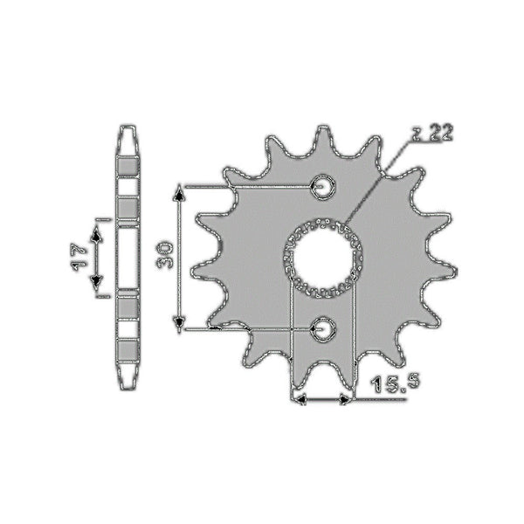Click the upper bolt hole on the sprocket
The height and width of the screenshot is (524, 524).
tap(324, 186)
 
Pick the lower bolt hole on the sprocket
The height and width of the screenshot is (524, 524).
tap(324, 328)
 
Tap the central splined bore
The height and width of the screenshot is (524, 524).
tap(324, 257)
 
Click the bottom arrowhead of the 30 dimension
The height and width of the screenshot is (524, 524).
tap(180, 325)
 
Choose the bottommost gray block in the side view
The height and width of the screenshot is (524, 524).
tap(128, 353)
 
